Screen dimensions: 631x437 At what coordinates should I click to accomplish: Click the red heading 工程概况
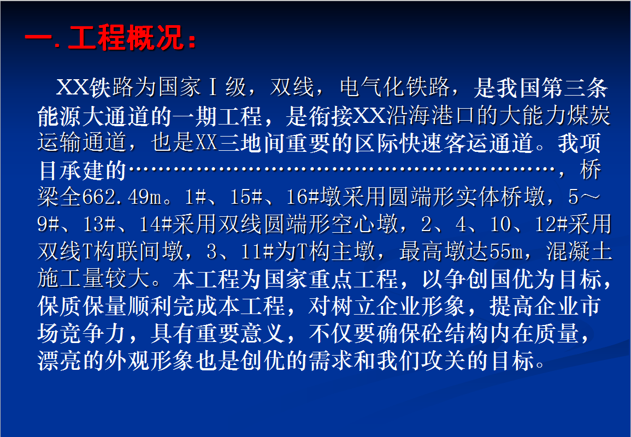(126, 38)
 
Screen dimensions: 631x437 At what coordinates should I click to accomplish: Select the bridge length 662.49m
(122, 197)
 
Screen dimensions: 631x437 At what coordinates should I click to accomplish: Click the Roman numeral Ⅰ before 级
(213, 87)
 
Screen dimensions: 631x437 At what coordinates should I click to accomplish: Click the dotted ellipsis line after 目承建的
(342, 169)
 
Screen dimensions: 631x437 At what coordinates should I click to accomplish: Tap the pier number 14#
(155, 225)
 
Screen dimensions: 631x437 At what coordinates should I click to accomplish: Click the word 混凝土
(579, 252)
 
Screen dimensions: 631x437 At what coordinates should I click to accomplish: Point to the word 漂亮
(60, 361)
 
